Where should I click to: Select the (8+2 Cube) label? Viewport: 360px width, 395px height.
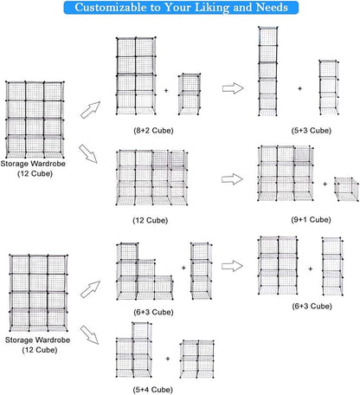153,131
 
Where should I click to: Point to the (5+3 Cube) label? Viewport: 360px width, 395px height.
312,131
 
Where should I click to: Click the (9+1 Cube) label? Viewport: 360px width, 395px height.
311,220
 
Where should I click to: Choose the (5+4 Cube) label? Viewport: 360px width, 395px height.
153,390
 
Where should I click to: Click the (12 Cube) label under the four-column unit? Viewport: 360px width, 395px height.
151,220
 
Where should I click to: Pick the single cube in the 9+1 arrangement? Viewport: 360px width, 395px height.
346,189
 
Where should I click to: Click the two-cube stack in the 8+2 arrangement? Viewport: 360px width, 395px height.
190,94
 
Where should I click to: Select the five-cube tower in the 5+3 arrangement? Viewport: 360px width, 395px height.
268,71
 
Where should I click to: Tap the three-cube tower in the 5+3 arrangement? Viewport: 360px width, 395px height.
329,87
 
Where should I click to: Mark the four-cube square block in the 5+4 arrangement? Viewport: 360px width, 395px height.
197,359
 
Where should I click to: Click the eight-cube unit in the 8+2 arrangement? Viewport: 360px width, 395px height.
136,75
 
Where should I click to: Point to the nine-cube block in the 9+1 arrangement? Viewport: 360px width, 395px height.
286,173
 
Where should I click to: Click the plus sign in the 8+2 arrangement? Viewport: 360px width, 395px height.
166,90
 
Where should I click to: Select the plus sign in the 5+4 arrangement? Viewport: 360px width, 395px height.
168,359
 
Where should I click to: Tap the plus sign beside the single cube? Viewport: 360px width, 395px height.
325,184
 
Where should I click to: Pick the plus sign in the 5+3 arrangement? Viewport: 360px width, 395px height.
299,88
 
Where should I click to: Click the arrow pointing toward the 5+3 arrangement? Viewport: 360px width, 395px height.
233,88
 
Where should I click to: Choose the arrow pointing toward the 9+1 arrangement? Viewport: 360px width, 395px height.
232,179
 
